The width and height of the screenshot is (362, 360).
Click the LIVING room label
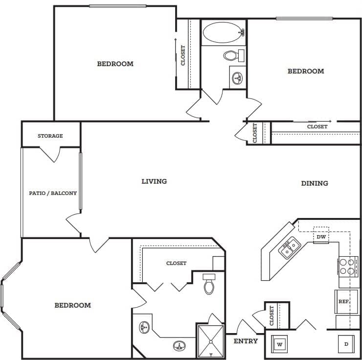pyautogui.click(x=154, y=181)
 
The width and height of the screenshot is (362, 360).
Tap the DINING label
pyautogui.click(x=314, y=183)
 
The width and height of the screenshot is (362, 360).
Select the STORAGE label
pyautogui.click(x=50, y=136)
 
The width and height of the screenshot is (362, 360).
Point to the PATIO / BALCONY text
pyautogui.click(x=53, y=193)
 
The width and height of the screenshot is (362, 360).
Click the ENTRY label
pyautogui.click(x=246, y=341)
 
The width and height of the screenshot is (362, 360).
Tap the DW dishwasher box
pyautogui.click(x=321, y=237)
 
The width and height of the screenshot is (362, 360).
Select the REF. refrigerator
pyautogui.click(x=343, y=302)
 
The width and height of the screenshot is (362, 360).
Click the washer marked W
pyautogui.click(x=279, y=343)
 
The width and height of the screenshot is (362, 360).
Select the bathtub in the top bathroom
pyautogui.click(x=223, y=33)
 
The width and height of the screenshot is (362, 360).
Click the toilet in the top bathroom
pyautogui.click(x=234, y=55)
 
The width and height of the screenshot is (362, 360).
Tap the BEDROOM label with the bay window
pyautogui.click(x=72, y=305)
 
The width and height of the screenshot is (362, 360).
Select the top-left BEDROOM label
pyautogui.click(x=115, y=64)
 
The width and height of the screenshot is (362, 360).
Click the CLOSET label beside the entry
pyautogui.click(x=272, y=315)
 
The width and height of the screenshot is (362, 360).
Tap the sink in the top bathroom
pyautogui.click(x=238, y=78)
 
